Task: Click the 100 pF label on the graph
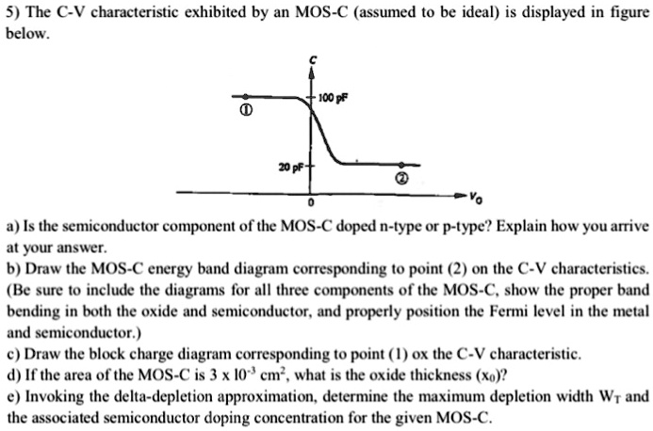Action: (x=333, y=99)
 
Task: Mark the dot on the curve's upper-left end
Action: (x=246, y=96)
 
